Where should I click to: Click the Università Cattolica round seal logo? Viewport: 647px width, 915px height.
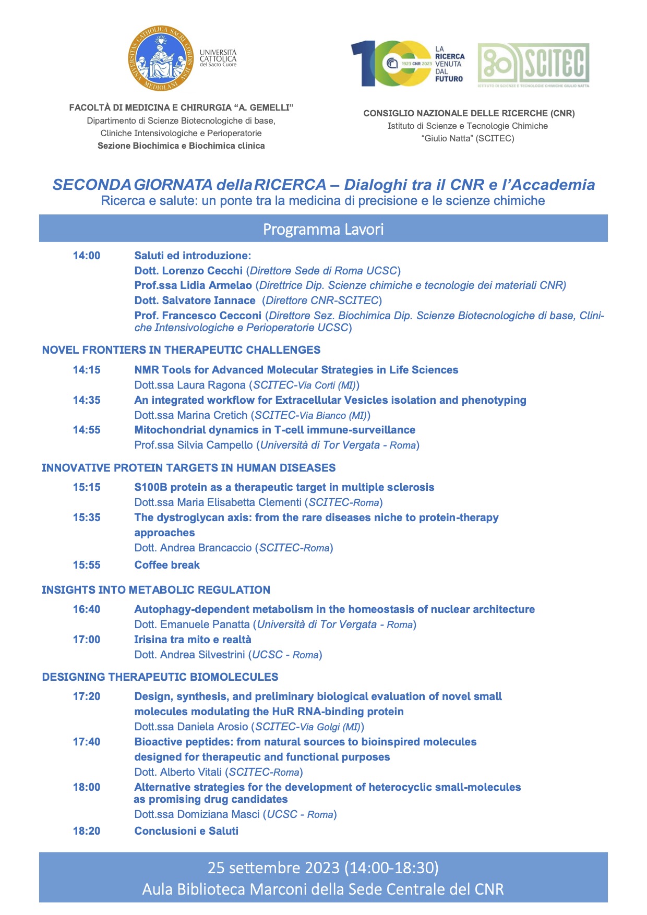click(161, 58)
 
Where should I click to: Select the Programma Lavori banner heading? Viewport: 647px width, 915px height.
click(323, 229)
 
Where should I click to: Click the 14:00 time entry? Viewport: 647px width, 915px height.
click(87, 256)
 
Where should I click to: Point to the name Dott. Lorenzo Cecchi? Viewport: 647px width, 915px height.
click(188, 271)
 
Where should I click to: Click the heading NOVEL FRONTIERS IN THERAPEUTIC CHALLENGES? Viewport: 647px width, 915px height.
click(181, 350)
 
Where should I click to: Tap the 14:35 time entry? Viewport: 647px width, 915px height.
click(87, 400)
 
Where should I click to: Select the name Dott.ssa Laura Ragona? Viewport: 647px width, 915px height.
click(190, 385)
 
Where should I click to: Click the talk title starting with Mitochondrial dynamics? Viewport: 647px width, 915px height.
click(274, 430)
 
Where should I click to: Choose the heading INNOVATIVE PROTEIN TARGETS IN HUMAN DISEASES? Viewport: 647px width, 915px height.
click(188, 468)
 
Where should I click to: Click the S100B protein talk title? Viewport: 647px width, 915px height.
click(284, 487)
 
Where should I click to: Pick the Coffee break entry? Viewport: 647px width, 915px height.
click(167, 565)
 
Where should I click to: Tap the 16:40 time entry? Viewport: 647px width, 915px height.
click(87, 609)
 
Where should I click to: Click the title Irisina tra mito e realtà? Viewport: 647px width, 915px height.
click(193, 640)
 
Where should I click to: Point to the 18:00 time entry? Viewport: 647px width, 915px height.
click(87, 787)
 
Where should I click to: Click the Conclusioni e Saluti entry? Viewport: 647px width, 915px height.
click(186, 831)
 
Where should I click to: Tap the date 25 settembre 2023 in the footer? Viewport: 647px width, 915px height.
click(274, 868)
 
